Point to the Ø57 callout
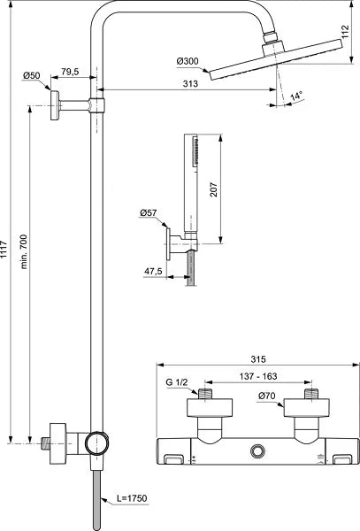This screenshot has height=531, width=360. click(148, 213)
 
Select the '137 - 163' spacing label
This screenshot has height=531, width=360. click(257, 376)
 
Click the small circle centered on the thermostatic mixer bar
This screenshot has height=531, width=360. click(257, 452)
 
